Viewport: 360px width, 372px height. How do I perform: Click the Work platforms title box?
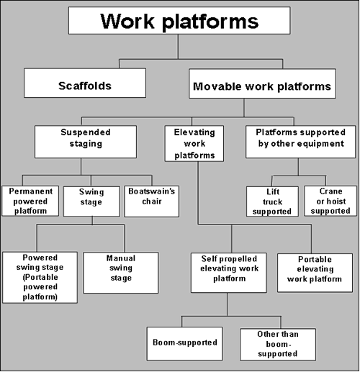pos(179,20)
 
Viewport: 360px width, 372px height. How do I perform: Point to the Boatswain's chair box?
pos(146,196)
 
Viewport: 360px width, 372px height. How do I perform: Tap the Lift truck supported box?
pos(272,201)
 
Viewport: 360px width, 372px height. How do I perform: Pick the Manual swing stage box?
pos(120,272)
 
